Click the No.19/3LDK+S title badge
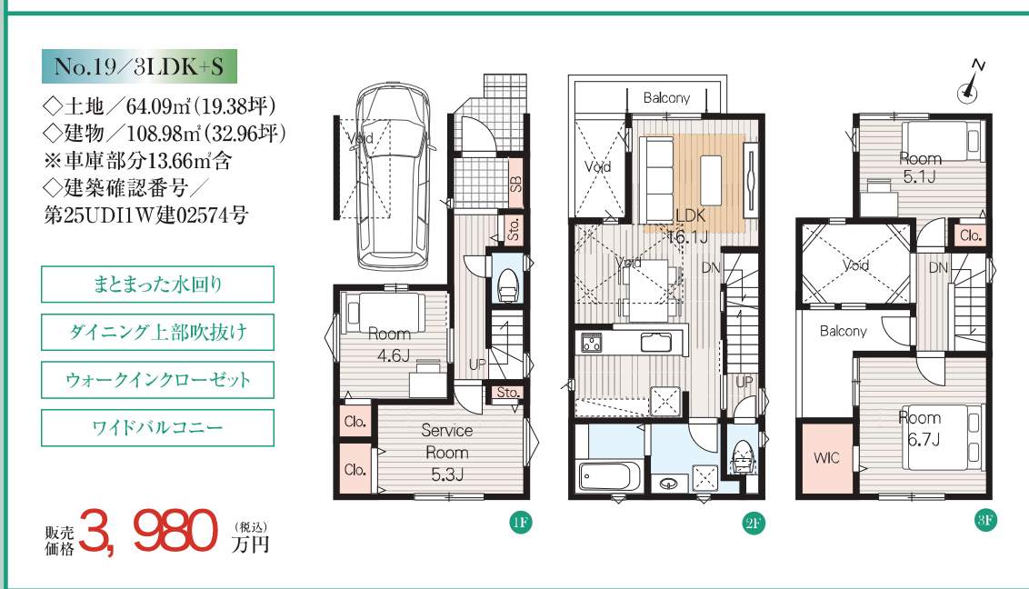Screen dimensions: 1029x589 [x=139, y=66]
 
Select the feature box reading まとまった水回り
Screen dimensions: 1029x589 [x=157, y=284]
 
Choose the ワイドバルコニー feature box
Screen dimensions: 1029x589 [x=157, y=427]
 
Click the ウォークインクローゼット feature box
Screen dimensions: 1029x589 [x=157, y=380]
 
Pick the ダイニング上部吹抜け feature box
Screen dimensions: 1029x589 [x=157, y=332]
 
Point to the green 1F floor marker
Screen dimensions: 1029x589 [x=520, y=522]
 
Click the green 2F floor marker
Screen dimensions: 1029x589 [x=753, y=523]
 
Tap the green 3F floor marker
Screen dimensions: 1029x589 [x=985, y=521]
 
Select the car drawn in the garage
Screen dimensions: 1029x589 [x=391, y=175]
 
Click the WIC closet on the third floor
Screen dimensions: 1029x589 [x=825, y=458]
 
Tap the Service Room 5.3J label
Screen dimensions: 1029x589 [x=447, y=452]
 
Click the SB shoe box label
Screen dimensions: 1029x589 [x=515, y=181]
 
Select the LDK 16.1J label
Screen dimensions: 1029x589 [x=689, y=225]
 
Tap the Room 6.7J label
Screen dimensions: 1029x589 [x=921, y=428]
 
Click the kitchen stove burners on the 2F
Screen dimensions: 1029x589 [x=591, y=343]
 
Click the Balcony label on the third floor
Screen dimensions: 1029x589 [x=844, y=331]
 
